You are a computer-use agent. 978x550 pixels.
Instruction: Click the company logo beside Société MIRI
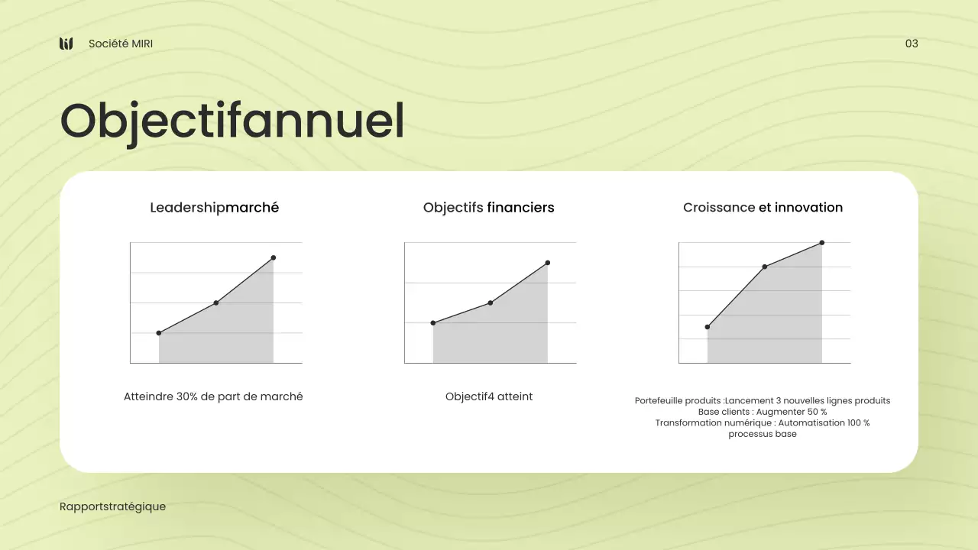tap(66, 44)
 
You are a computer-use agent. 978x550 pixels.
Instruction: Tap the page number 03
tap(912, 44)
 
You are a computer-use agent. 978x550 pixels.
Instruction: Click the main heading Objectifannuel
tap(232, 121)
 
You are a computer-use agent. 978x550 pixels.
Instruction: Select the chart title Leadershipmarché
tap(214, 208)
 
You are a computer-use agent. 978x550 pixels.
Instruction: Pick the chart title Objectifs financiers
tap(488, 208)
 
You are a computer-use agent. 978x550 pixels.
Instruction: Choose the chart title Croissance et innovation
tap(763, 208)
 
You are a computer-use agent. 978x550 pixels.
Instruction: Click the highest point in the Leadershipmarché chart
tap(274, 257)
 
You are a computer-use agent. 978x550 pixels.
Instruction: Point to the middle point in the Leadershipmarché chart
tap(216, 303)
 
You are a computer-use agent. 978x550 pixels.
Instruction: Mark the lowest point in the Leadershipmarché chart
tap(159, 333)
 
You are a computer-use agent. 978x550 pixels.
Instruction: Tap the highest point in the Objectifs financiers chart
tap(548, 263)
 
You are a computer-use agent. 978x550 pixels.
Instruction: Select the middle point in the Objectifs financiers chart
tap(491, 303)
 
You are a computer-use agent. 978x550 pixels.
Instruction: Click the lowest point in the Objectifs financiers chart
tap(433, 323)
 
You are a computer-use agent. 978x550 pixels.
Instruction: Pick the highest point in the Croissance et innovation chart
tap(822, 243)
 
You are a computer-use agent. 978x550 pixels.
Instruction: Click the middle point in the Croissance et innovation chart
tap(765, 267)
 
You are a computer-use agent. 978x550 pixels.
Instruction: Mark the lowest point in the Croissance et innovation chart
tap(708, 327)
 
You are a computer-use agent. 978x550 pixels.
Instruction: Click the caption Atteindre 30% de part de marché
tap(213, 396)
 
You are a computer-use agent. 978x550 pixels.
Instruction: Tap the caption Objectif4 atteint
tap(489, 396)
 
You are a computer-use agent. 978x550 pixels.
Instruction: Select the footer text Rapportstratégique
tap(112, 506)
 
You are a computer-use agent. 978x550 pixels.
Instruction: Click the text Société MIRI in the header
tap(121, 44)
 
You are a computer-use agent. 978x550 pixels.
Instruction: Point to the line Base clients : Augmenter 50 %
tap(763, 412)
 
